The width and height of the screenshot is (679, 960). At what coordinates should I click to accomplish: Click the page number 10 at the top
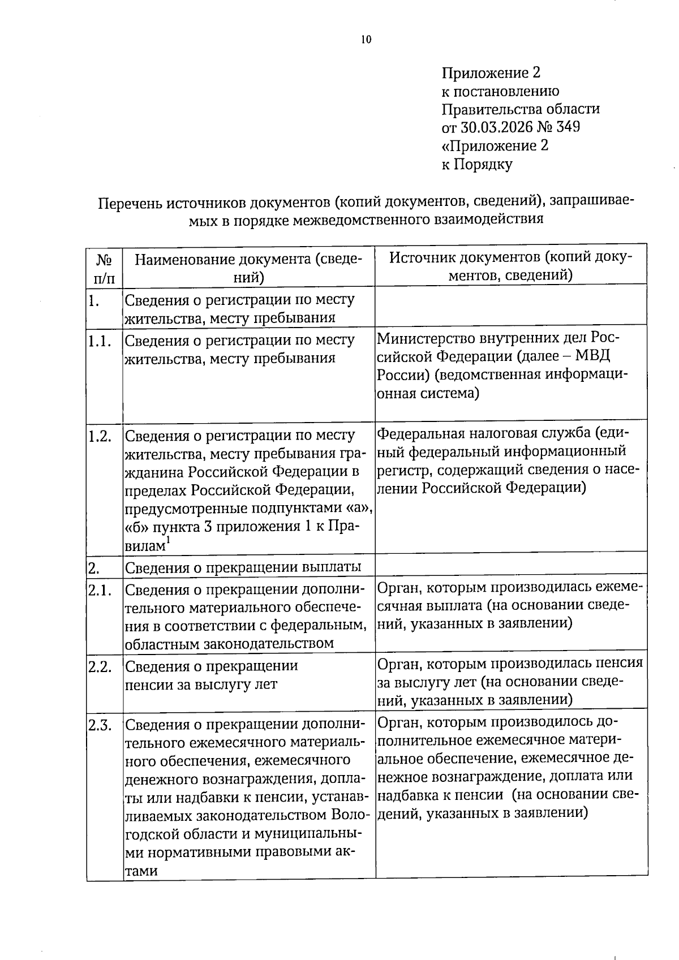tap(366, 39)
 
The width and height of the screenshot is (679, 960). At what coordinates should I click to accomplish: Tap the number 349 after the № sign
tap(568, 127)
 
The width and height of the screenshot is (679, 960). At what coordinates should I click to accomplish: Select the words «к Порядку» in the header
tap(476, 164)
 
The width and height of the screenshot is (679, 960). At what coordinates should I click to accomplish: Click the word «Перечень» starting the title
tap(130, 203)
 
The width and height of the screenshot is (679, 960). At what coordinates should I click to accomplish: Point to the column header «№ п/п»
tap(105, 269)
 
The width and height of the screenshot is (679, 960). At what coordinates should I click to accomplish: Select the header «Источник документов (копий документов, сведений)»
tap(510, 266)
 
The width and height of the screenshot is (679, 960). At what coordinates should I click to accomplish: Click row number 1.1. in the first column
tap(100, 341)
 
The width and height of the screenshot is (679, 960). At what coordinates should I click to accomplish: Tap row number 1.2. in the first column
tap(100, 436)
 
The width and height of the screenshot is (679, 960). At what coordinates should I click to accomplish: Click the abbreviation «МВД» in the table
tap(595, 356)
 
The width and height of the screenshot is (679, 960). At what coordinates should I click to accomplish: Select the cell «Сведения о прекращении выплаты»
tap(243, 567)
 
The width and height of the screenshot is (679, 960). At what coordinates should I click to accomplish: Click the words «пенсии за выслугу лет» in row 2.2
tap(201, 684)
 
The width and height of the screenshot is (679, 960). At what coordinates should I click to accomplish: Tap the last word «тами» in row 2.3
tap(141, 871)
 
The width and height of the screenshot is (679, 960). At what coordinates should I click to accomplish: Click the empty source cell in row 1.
tap(510, 305)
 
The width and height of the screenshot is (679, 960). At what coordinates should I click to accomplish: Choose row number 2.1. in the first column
tap(100, 590)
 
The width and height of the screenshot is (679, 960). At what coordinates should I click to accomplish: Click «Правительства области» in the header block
tap(520, 109)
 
